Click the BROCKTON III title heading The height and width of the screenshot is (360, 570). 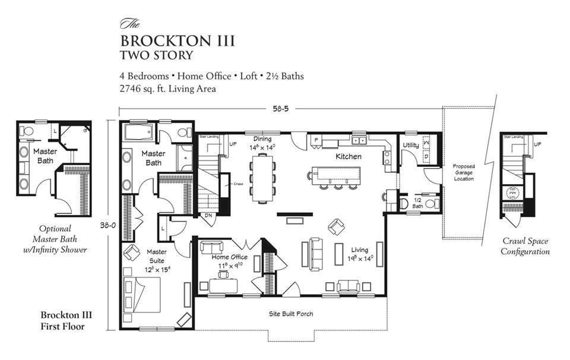pos(178,41)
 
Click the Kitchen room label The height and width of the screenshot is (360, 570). pos(350,156)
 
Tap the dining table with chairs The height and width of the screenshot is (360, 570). pos(261,177)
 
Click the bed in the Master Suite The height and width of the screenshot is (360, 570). pos(142,293)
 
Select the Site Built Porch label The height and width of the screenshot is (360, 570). pos(291,314)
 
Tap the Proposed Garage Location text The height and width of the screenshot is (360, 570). pos(464,172)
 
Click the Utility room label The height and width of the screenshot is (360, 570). pos(411,145)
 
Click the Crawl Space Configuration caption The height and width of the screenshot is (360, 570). pos(524,247)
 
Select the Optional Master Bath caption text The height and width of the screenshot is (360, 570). pos(55,238)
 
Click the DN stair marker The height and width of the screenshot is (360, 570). pos(208,215)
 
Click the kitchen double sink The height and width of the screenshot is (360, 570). pos(359,141)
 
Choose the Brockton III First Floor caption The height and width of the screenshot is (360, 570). pos(66,320)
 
